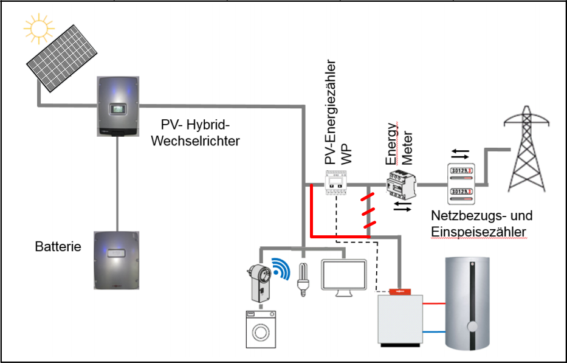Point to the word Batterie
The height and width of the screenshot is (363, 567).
(x=58, y=247)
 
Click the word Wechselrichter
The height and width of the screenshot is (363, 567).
(x=194, y=141)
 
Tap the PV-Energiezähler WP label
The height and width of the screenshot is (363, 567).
(x=337, y=112)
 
